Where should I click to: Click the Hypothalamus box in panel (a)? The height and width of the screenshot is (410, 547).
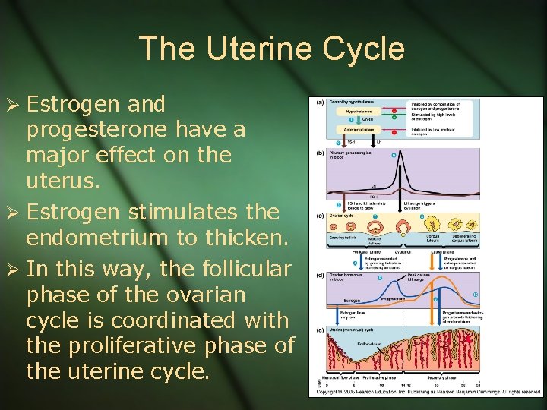(353, 111)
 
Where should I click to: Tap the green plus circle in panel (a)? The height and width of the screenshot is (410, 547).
(394, 117)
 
